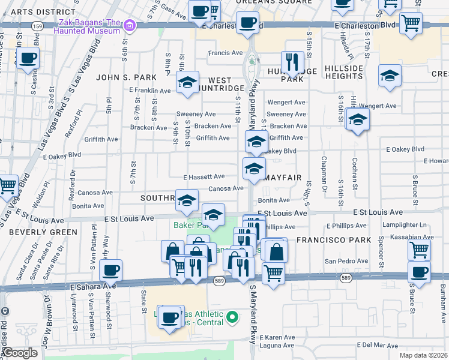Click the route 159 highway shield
38,26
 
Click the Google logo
20,353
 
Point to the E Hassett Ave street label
203,177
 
